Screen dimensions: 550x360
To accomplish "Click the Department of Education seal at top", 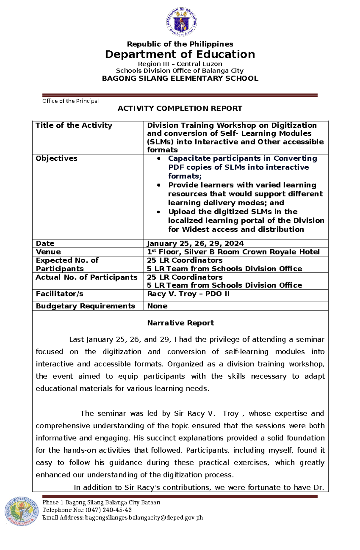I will tap(181, 22).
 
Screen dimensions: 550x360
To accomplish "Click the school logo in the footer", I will tap(22, 511).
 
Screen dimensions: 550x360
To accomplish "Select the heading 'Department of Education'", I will tap(180, 55).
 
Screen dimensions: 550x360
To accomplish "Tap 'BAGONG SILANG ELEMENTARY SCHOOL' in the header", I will tap(180, 79).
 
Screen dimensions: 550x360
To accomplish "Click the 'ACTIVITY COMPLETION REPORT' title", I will tap(180, 109).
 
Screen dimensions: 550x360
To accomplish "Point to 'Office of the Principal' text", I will tap(70, 101).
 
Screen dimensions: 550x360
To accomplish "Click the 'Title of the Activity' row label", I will tap(74, 125).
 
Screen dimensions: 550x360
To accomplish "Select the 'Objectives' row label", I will tap(56, 158).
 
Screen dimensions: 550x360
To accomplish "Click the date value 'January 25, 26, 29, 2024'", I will tap(195, 243).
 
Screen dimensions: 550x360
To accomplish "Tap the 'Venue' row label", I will tap(48, 252).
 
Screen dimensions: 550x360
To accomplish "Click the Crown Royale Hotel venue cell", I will tap(233, 252).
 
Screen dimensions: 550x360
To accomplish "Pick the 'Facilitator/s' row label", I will tap(59, 294).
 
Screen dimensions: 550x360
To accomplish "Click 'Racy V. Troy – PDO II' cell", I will tap(188, 294).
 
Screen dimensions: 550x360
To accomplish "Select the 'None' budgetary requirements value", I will tap(157, 306).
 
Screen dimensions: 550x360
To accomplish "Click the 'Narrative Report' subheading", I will tap(180, 323).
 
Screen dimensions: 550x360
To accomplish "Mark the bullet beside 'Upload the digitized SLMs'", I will tap(159, 212).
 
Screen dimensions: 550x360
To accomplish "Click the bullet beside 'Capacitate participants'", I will tap(159, 159).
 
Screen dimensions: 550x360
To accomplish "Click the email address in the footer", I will tap(144, 518).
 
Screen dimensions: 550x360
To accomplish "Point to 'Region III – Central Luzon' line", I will tap(180, 64).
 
